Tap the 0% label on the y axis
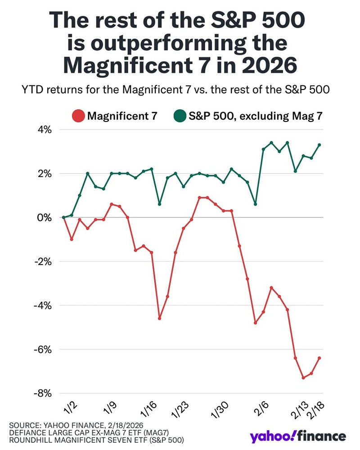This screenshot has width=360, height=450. tap(47, 217)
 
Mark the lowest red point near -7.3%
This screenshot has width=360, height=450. tap(303, 378)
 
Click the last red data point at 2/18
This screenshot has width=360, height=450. tap(319, 358)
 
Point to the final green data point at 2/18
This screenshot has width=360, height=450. tap(319, 145)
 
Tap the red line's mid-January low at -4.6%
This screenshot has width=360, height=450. tap(159, 318)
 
